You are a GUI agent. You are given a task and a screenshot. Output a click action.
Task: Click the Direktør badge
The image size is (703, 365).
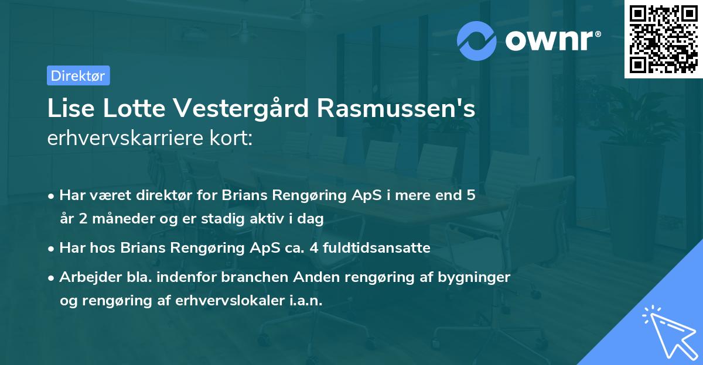(78, 75)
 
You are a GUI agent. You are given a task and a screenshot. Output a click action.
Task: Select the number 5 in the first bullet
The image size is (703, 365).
(470, 195)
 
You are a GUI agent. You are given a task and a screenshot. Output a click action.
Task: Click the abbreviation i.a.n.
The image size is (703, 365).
(305, 301)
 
